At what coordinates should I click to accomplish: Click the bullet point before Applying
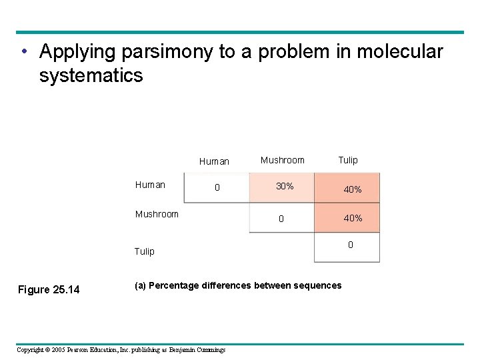pyautogui.click(x=23, y=52)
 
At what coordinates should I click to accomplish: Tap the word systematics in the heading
pyautogui.click(x=91, y=75)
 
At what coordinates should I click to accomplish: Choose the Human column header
pyautogui.click(x=214, y=161)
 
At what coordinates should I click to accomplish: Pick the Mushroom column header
pyautogui.click(x=282, y=160)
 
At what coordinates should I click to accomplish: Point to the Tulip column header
pyautogui.click(x=347, y=160)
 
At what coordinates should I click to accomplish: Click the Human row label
pyautogui.click(x=150, y=185)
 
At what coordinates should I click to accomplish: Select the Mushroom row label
pyautogui.click(x=157, y=214)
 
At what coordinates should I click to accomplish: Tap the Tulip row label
pyautogui.click(x=144, y=251)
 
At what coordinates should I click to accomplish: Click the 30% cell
pyautogui.click(x=285, y=187)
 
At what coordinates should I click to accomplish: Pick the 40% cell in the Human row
pyautogui.click(x=353, y=190)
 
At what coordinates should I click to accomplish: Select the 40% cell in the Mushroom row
pyautogui.click(x=353, y=218)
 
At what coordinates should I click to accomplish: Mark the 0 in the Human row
pyautogui.click(x=217, y=188)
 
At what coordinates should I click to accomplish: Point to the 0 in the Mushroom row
pyautogui.click(x=281, y=219)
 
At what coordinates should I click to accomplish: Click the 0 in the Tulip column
pyautogui.click(x=351, y=245)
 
